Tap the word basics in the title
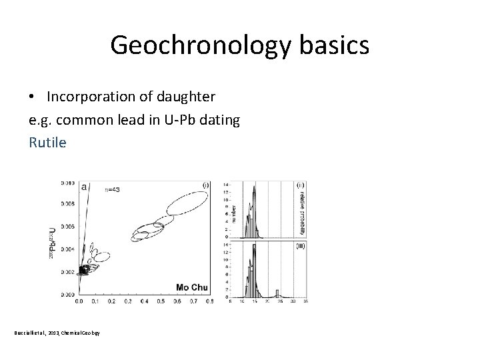tap(335, 45)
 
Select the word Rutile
tap(47, 142)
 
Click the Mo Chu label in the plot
tap(192, 287)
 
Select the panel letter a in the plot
tap(84, 188)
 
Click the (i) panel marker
tap(205, 185)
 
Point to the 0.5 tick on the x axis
tap(160, 301)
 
